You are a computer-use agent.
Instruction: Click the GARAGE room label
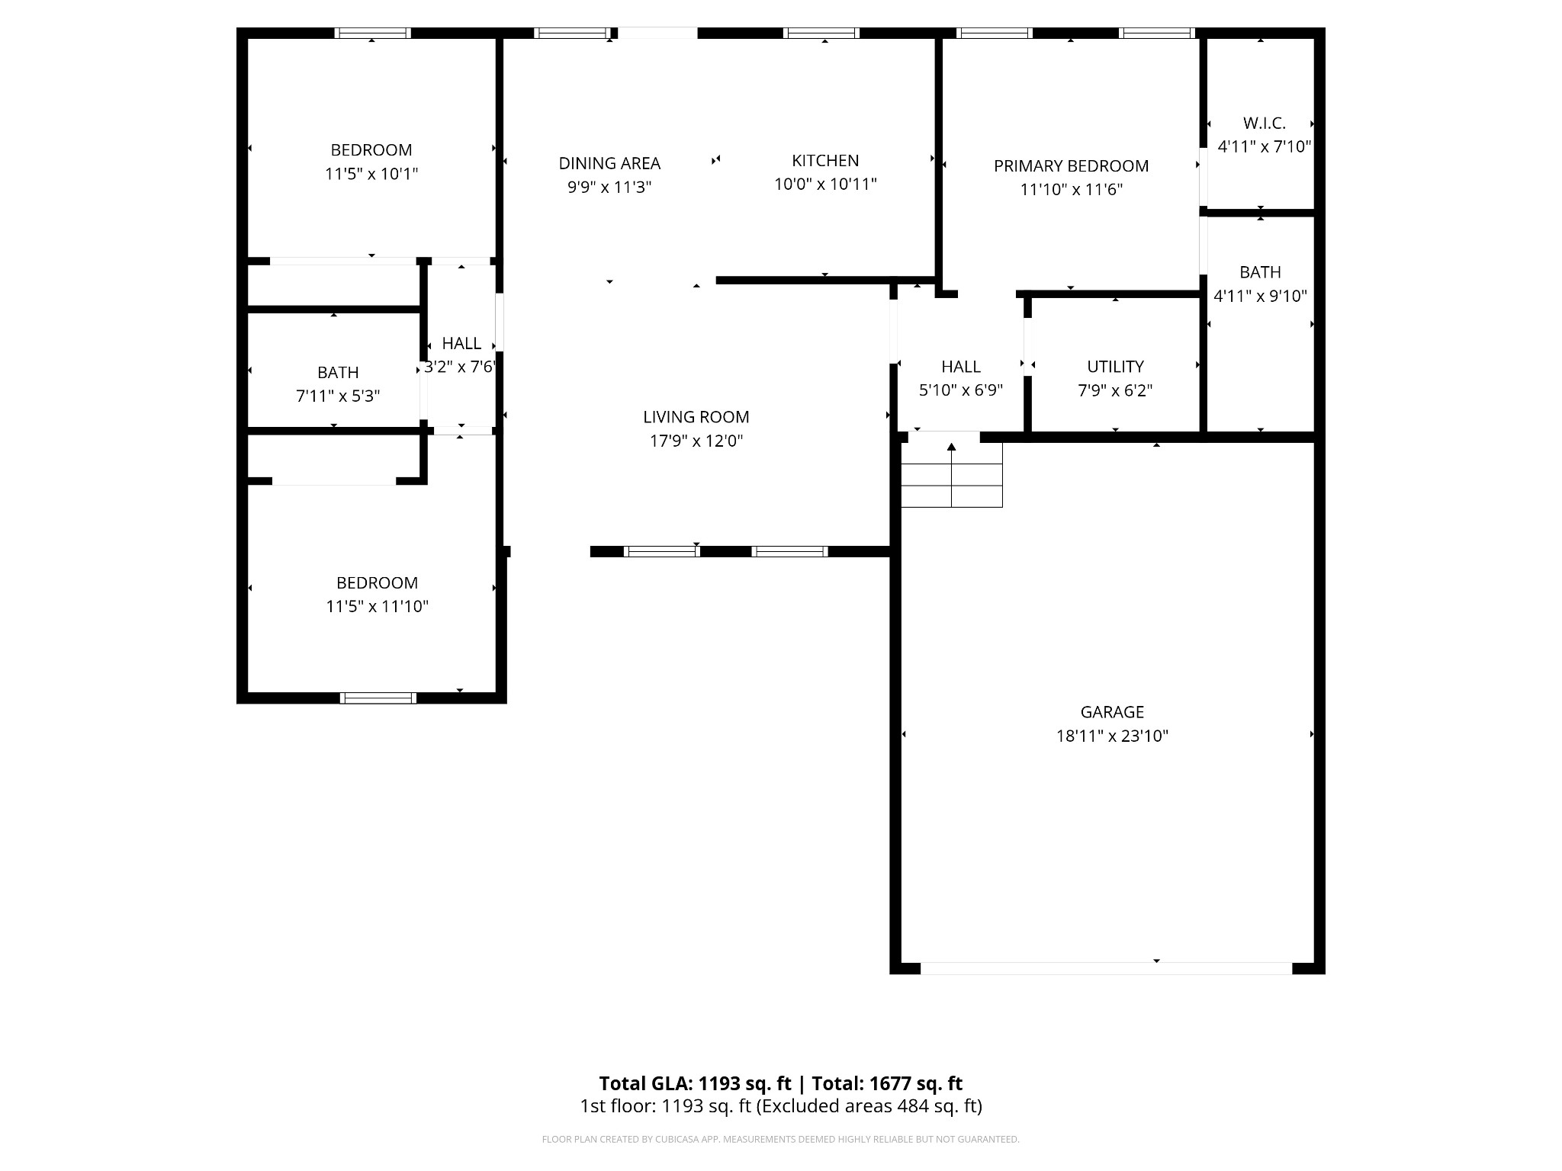(x=1112, y=712)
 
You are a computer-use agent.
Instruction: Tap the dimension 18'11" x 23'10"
(x=1112, y=736)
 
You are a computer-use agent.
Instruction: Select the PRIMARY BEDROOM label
(x=1071, y=165)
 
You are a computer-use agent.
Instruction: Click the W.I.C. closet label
(x=1264, y=123)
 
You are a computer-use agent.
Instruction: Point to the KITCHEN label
(x=825, y=160)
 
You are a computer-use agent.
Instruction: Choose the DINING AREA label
(x=609, y=163)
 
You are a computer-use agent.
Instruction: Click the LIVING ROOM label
(x=696, y=417)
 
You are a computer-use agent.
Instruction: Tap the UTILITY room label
(x=1115, y=366)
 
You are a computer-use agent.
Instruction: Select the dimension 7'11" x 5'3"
(x=338, y=396)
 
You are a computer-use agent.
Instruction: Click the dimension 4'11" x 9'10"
(x=1260, y=296)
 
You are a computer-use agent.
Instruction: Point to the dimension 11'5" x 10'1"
(x=371, y=174)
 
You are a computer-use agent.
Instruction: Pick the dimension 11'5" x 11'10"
(x=377, y=607)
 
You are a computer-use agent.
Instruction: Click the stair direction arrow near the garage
(x=951, y=448)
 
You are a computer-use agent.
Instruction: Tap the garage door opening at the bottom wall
(x=1106, y=968)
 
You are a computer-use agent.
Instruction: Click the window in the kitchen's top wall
(x=821, y=33)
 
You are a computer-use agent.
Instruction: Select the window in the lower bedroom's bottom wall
(x=378, y=698)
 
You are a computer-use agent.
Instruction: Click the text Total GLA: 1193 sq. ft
(x=695, y=1083)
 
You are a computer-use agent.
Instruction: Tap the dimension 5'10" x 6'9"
(x=960, y=390)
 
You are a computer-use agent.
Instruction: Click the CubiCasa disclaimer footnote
(x=780, y=1139)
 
